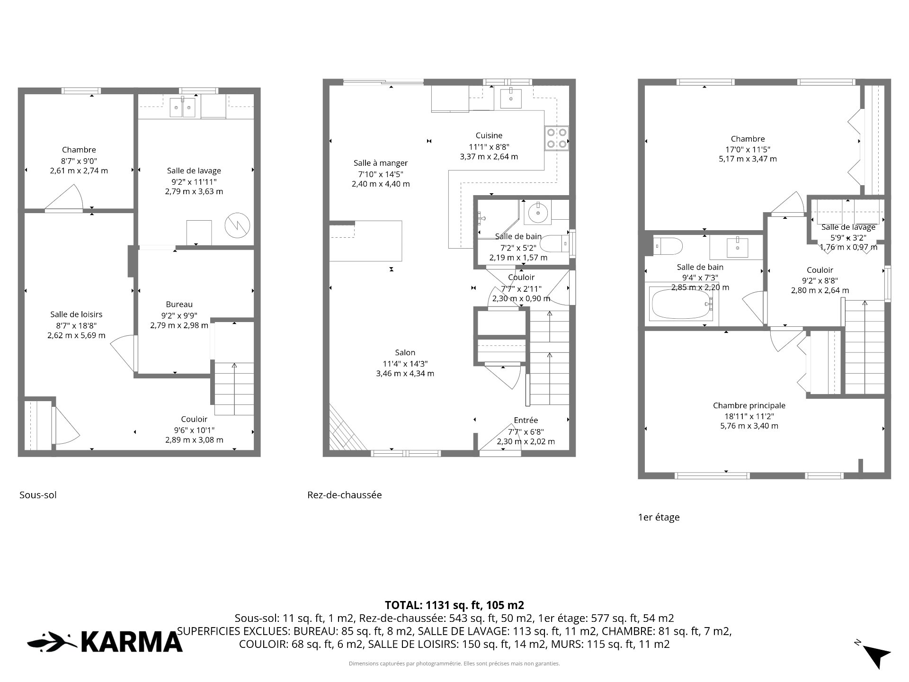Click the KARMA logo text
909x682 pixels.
(x=132, y=642)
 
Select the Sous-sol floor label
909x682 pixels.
(x=38, y=495)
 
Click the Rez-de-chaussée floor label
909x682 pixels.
(x=345, y=495)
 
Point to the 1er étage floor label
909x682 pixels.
(x=659, y=518)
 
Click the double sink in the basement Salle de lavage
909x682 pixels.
(x=183, y=107)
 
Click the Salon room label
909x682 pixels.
(x=405, y=352)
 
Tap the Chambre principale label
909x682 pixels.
(x=749, y=405)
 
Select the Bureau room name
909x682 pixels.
(x=179, y=305)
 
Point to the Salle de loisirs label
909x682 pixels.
(x=76, y=314)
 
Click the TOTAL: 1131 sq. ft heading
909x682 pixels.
(x=454, y=605)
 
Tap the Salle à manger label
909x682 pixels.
(x=381, y=163)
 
